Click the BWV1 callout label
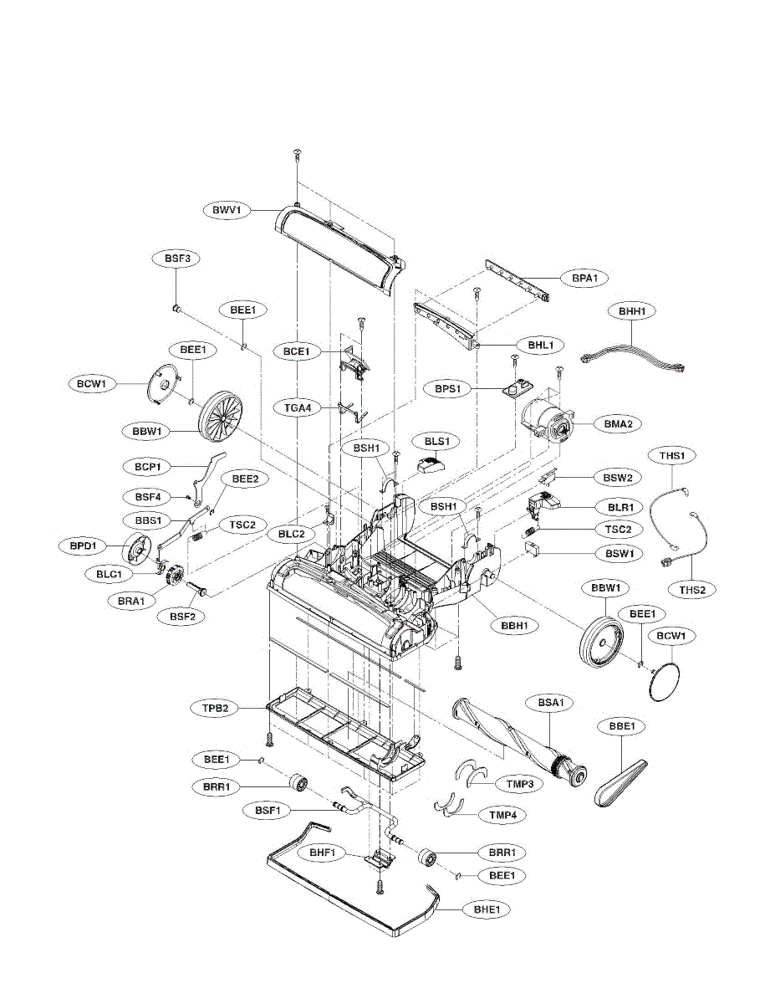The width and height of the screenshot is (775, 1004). click(226, 209)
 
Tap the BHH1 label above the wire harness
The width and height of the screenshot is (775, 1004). click(632, 310)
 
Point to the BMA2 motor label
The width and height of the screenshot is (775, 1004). click(618, 424)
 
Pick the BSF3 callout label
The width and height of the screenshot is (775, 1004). click(176, 259)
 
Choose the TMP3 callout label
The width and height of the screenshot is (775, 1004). click(520, 784)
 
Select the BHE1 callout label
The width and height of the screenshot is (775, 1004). click(492, 908)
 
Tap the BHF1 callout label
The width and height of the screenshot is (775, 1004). click(322, 853)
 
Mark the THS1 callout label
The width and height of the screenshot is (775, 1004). click(672, 455)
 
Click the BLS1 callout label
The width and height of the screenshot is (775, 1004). click(437, 441)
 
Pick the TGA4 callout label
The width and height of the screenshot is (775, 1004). click(297, 407)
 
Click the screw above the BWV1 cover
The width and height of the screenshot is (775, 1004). click(297, 152)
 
